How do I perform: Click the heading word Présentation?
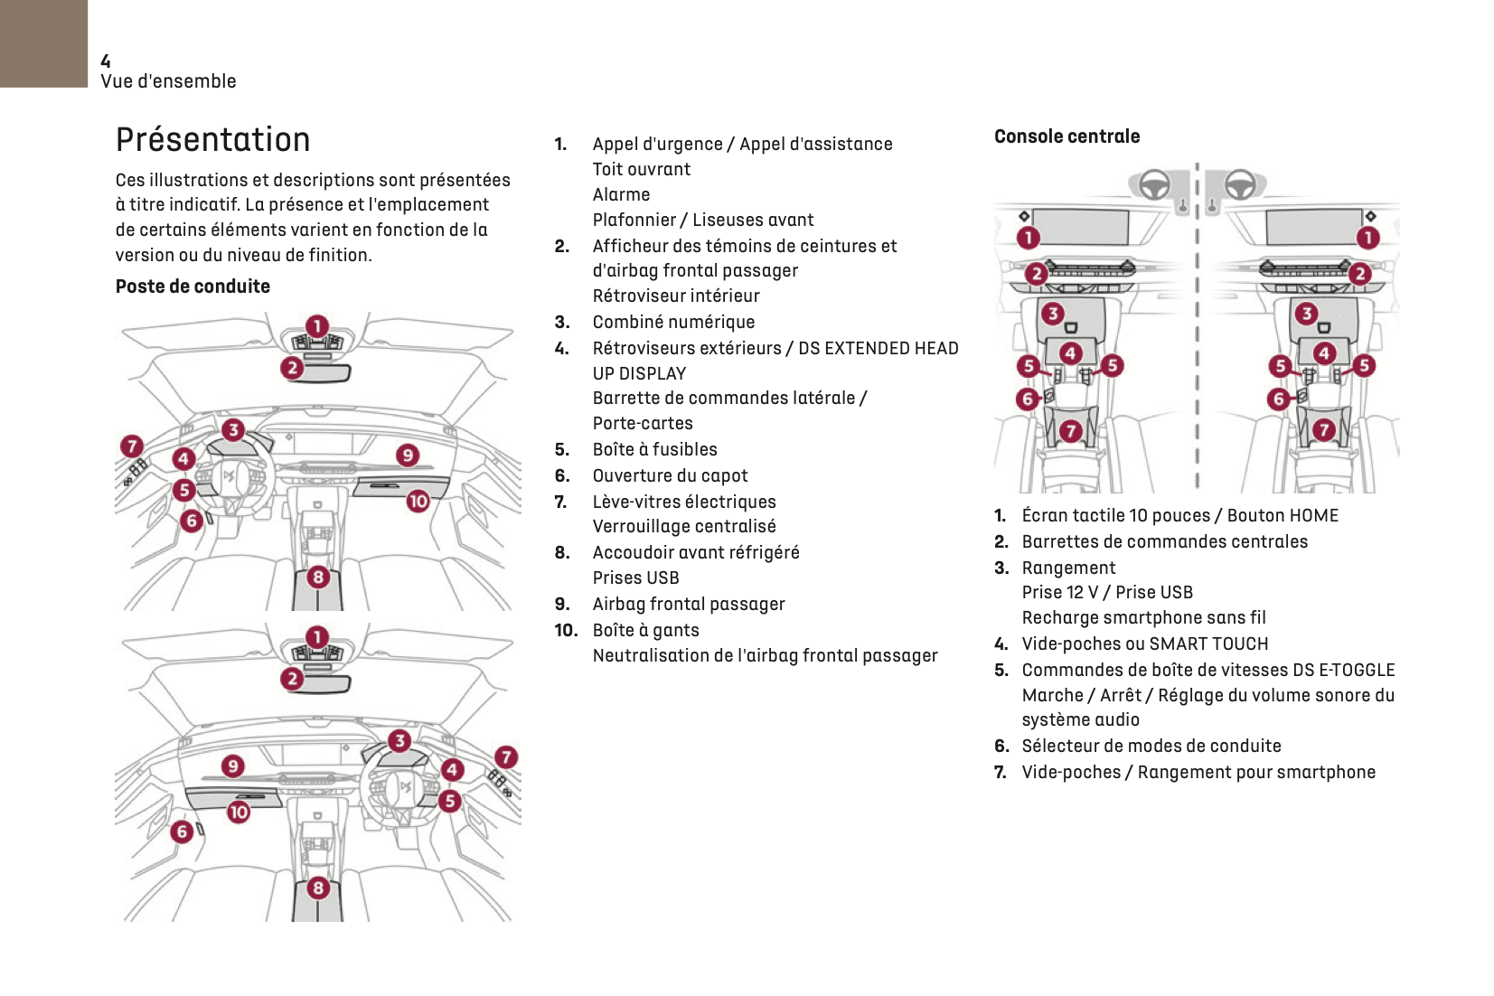pyautogui.click(x=212, y=140)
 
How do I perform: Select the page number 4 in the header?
pyautogui.click(x=106, y=61)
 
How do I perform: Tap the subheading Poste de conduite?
pyautogui.click(x=193, y=287)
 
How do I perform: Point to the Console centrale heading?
pyautogui.click(x=1066, y=136)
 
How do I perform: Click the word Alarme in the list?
pyautogui.click(x=621, y=194)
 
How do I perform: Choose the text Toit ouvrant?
pyautogui.click(x=641, y=169)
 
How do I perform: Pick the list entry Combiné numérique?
pyautogui.click(x=673, y=322)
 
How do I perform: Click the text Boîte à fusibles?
pyautogui.click(x=654, y=449)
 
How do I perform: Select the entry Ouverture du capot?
pyautogui.click(x=670, y=475)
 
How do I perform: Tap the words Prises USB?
pyautogui.click(x=635, y=578)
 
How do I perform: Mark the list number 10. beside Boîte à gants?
pyautogui.click(x=566, y=630)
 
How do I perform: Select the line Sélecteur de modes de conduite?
pyautogui.click(x=1151, y=746)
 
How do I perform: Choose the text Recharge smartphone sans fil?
pyautogui.click(x=1143, y=617)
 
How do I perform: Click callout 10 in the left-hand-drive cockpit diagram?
pyautogui.click(x=418, y=501)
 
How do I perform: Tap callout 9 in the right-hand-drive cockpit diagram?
pyautogui.click(x=233, y=766)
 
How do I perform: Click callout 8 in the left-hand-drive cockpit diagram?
pyautogui.click(x=318, y=577)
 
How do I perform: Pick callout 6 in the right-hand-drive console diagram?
pyautogui.click(x=1278, y=399)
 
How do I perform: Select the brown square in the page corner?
pyautogui.click(x=43, y=43)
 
